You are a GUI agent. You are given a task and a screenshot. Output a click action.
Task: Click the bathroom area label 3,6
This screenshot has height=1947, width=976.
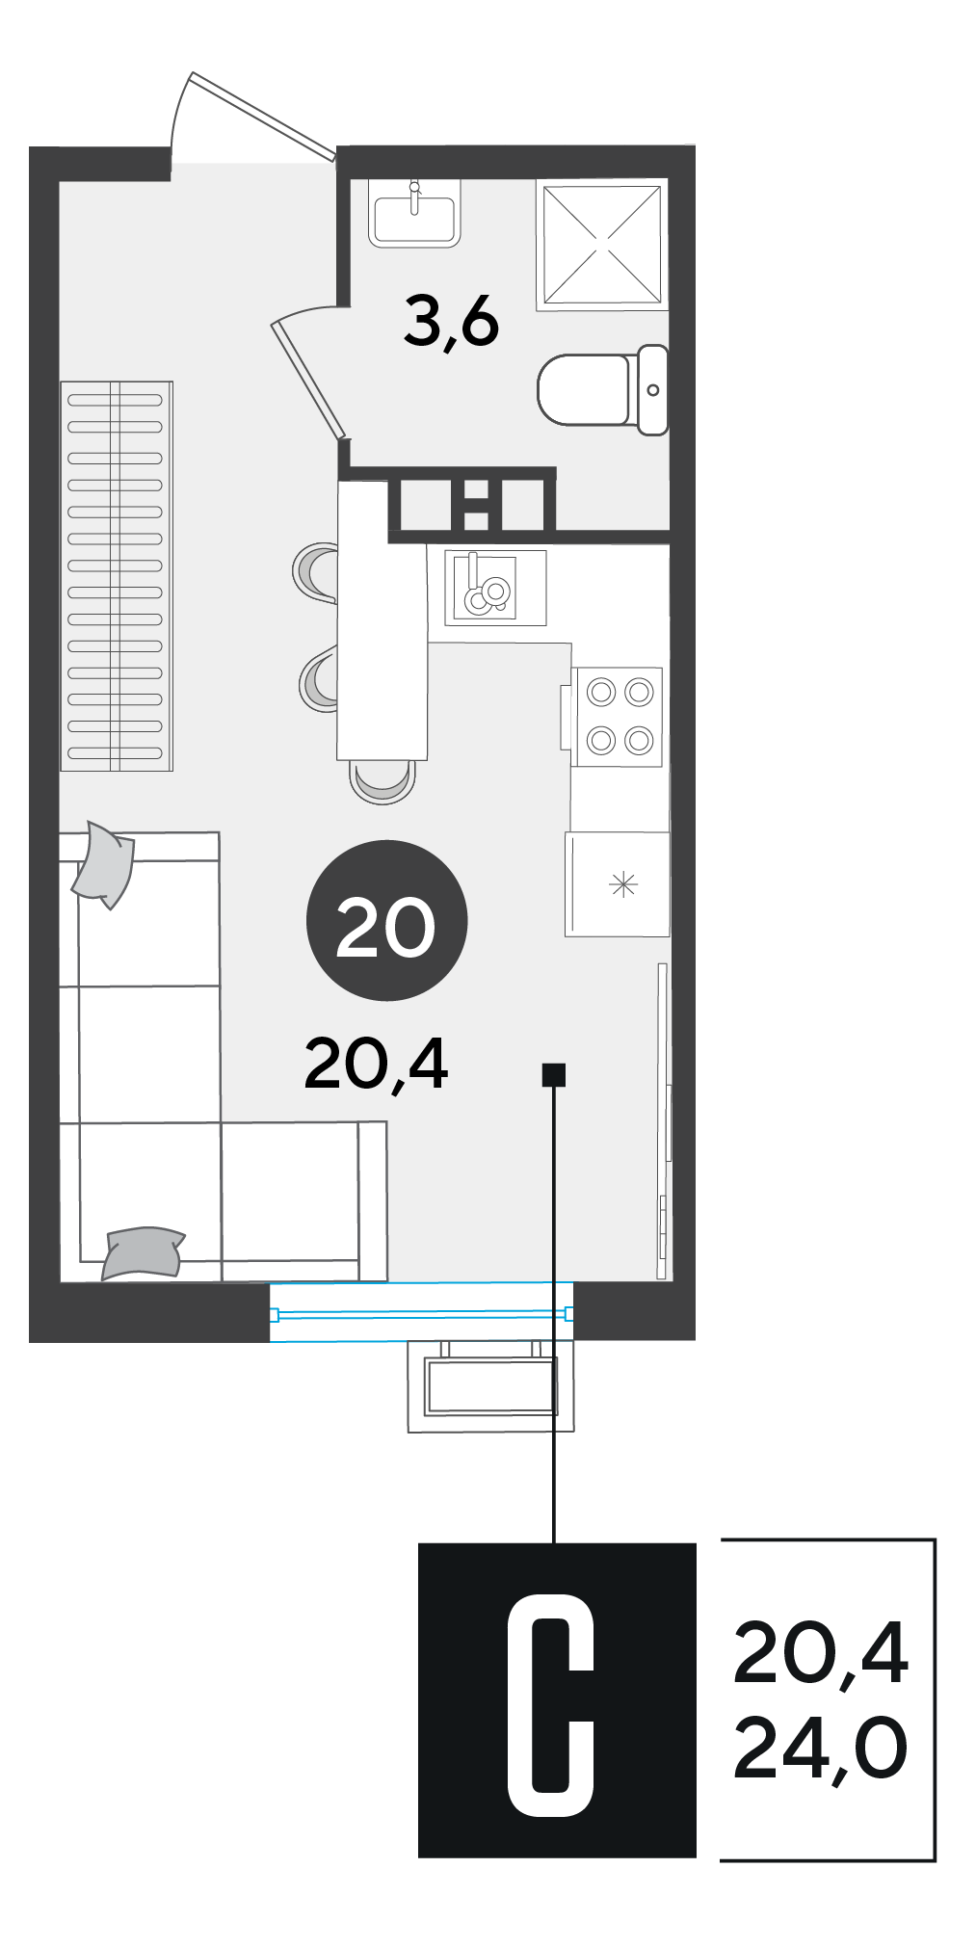point(451,323)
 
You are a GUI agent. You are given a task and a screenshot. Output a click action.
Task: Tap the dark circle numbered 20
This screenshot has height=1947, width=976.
point(386,921)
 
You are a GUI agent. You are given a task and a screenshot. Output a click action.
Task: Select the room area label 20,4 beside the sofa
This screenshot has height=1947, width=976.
point(376,1065)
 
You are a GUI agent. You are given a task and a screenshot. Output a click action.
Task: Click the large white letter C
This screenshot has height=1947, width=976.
point(551,1705)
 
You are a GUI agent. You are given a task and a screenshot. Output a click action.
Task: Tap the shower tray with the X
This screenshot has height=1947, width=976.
point(602,245)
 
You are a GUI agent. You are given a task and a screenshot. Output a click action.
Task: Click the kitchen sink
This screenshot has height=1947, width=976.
point(486,587)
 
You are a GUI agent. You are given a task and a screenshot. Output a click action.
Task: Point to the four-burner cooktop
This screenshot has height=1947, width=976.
point(617,717)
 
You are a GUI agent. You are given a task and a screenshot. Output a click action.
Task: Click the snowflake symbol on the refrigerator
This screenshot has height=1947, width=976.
point(623,883)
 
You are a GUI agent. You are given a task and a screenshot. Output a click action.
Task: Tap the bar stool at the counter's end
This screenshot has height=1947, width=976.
point(382,781)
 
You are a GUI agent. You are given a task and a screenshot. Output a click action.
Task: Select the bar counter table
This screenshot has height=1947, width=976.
point(382,620)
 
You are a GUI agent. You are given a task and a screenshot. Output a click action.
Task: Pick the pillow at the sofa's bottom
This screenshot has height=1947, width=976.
point(143,1253)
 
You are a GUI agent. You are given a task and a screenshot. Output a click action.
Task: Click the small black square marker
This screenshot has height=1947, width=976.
point(554,1074)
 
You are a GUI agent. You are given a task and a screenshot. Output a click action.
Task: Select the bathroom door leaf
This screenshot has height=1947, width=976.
point(307,380)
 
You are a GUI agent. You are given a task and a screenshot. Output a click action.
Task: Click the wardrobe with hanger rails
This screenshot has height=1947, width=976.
point(117,576)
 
